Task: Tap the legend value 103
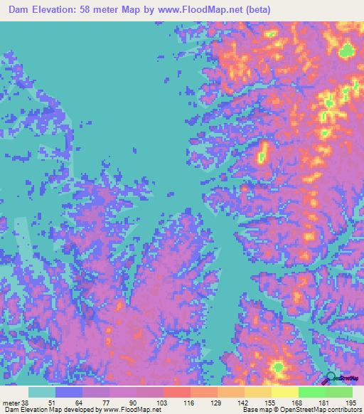pos(163,402)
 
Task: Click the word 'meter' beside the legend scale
pos(11,402)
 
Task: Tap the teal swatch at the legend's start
pos(41,392)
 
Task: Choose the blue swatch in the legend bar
pos(68,392)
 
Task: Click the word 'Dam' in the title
pos(21,9)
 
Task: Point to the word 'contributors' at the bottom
pos(343,410)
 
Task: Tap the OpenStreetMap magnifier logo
pos(331,377)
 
